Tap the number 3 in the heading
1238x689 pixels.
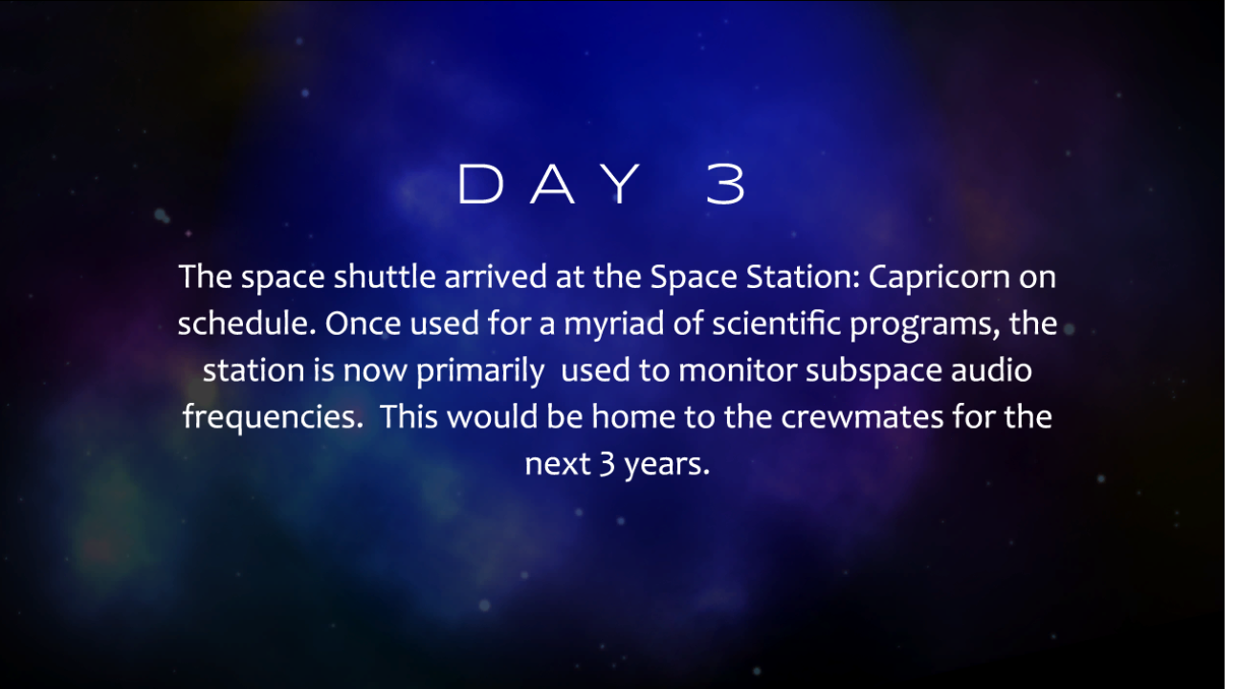coord(726,184)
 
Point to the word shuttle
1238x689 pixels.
coord(385,277)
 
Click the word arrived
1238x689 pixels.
coord(496,277)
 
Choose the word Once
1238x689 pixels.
coord(363,323)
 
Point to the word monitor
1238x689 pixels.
coord(738,370)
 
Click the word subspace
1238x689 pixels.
coord(873,371)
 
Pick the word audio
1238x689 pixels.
coord(991,370)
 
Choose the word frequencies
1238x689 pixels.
coord(273,418)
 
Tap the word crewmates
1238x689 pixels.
coord(862,417)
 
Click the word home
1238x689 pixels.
coord(633,416)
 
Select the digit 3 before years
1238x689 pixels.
coord(607,463)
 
